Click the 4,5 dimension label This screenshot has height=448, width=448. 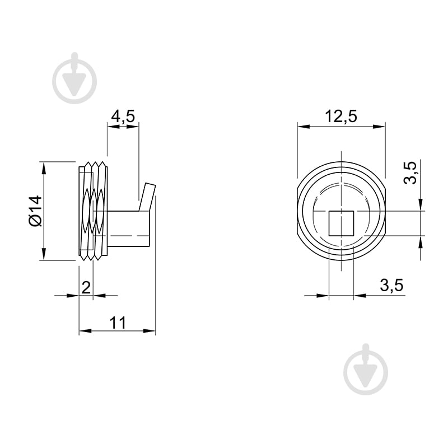coord(123,116)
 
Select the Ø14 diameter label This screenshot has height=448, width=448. coord(36,211)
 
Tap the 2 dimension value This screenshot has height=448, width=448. coord(86,287)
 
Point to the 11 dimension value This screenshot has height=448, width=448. coord(118,323)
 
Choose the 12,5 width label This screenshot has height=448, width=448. coord(341,116)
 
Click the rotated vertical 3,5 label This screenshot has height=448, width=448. coord(410,173)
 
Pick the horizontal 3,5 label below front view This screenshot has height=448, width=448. coord(391,285)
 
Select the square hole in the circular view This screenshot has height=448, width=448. coord(341,223)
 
